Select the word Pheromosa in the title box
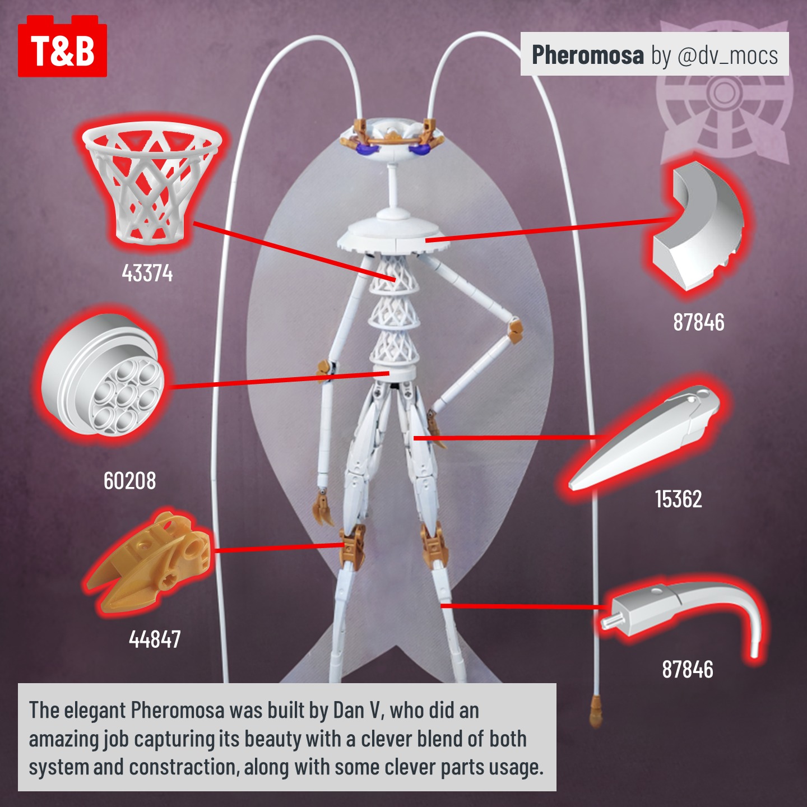pyautogui.click(x=587, y=55)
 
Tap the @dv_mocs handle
pyautogui.click(x=727, y=55)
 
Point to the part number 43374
pyautogui.click(x=147, y=273)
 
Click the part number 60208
pyautogui.click(x=129, y=481)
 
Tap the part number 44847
pyautogui.click(x=155, y=639)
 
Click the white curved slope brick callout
pyautogui.click(x=698, y=227)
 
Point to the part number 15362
pyautogui.click(x=678, y=499)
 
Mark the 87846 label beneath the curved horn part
pyautogui.click(x=688, y=669)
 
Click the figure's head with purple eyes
pyautogui.click(x=392, y=140)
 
